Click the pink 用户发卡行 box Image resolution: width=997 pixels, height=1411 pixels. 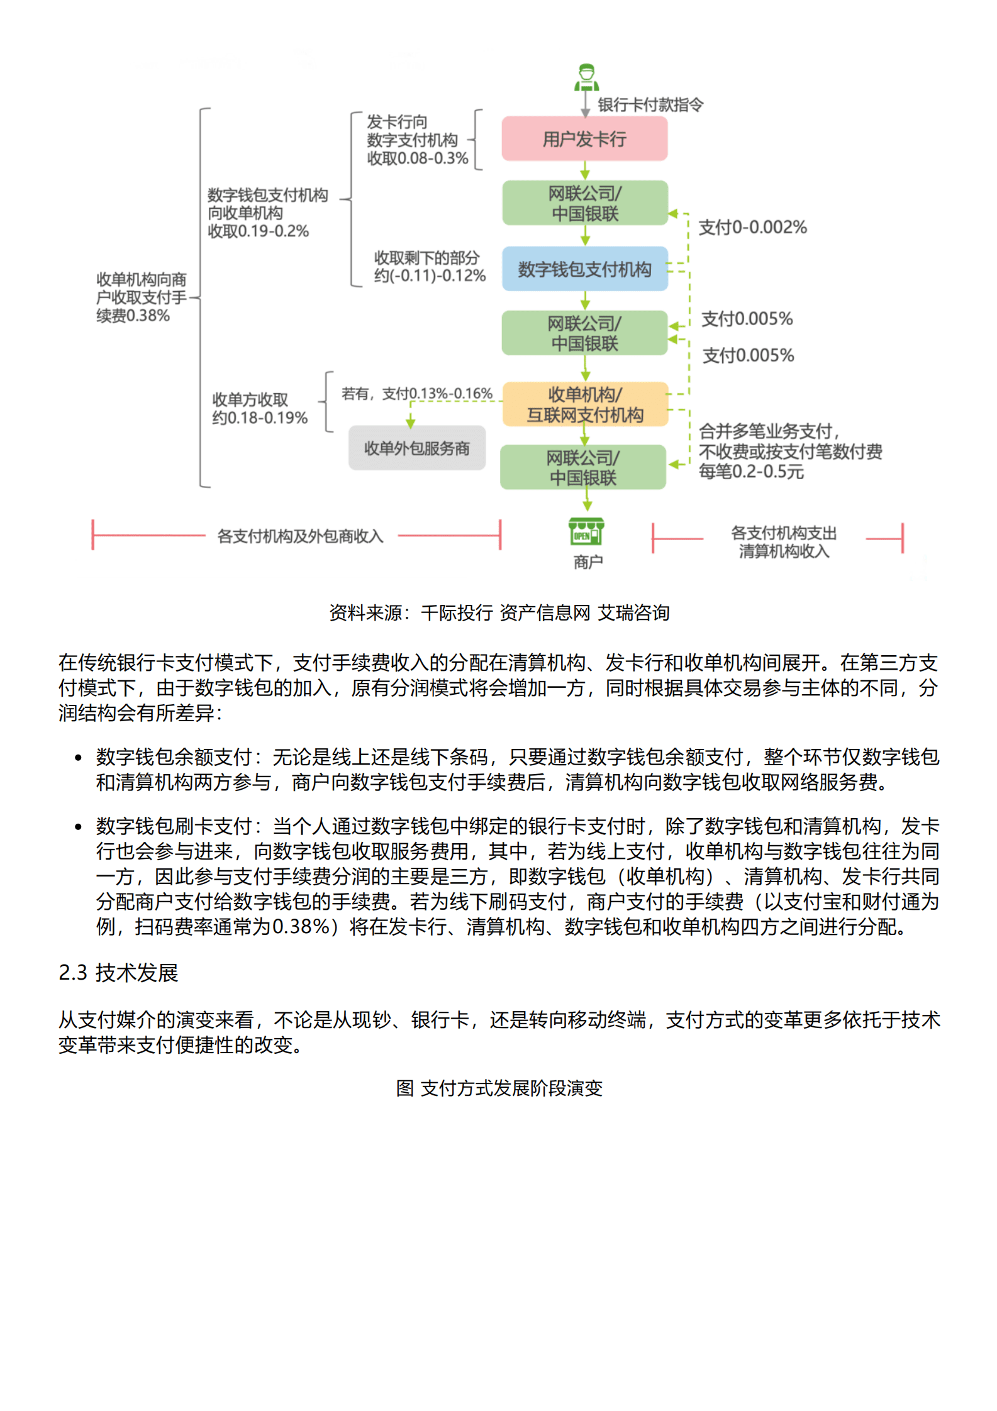pos(584,139)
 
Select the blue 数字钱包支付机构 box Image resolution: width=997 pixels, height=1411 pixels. pos(584,269)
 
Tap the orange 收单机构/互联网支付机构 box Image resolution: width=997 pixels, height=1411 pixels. pos(584,404)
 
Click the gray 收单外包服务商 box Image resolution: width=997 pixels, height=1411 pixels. pos(417,448)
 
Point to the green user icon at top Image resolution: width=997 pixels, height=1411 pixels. pos(586,77)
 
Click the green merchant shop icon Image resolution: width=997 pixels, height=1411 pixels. pos(586,532)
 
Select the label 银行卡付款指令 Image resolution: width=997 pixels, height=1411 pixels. pos(650,104)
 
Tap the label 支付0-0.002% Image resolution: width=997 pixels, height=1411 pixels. pos(752,227)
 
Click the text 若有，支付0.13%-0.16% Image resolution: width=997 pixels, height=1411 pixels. pos(416,394)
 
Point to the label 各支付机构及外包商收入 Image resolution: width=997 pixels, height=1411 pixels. pos(300,536)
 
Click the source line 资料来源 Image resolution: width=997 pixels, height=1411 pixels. pos(499,612)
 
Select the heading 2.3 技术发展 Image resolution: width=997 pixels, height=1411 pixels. pos(118,973)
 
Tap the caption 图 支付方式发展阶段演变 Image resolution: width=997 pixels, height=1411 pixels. pos(499,1088)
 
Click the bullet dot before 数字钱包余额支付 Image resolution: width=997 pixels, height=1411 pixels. pos(78,758)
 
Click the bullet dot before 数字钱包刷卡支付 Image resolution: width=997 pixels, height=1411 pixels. pos(78,827)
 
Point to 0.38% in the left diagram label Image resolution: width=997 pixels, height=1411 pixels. pos(148,316)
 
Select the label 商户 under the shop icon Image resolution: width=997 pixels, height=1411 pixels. pos(588,562)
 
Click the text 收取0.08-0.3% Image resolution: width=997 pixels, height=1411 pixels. pos(418,158)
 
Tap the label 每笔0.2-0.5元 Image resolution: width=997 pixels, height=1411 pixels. pos(751,472)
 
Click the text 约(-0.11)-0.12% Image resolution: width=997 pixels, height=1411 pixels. pos(430,275)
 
